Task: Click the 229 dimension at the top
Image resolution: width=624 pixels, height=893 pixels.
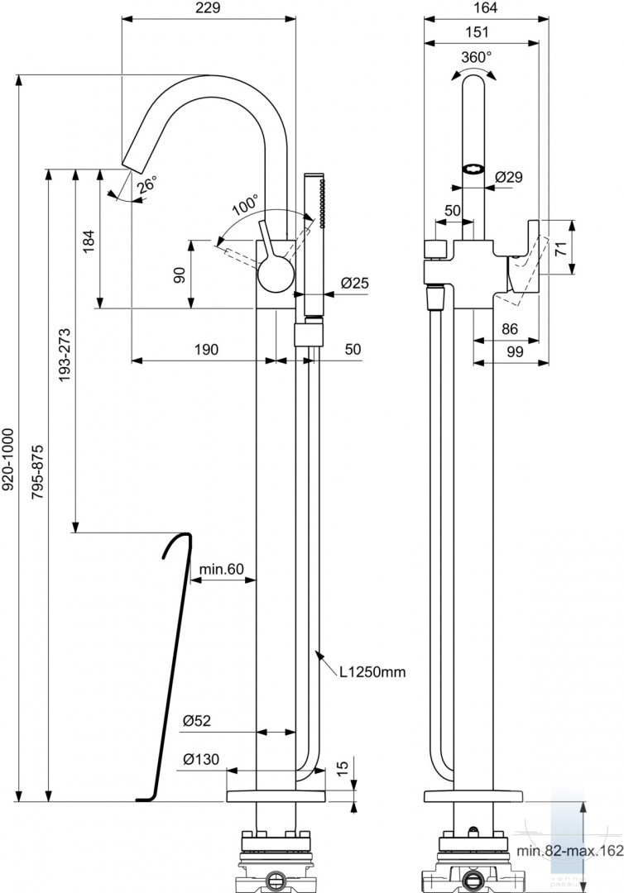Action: point(209,8)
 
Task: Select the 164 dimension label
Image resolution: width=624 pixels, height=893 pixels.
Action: point(485,8)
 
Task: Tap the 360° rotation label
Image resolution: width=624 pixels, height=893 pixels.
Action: point(477,57)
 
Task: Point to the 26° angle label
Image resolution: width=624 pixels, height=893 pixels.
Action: point(146,186)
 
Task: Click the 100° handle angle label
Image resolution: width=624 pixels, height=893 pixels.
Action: point(245,206)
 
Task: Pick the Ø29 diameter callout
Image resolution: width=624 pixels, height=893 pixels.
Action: point(509,177)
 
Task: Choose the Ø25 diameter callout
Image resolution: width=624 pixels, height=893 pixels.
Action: point(355,283)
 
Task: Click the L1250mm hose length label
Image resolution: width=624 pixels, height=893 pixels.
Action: point(372,672)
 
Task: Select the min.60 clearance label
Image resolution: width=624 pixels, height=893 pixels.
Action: point(221,569)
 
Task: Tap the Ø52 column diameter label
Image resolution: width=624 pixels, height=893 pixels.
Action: point(197,721)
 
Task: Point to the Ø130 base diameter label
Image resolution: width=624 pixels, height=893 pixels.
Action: point(200,759)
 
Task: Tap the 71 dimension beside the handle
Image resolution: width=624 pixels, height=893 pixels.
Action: point(561,248)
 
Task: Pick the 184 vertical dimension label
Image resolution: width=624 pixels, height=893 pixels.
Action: point(89,241)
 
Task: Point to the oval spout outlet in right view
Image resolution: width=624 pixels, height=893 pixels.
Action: point(473,169)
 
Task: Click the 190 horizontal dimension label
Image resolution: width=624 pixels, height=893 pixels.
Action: point(206,349)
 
